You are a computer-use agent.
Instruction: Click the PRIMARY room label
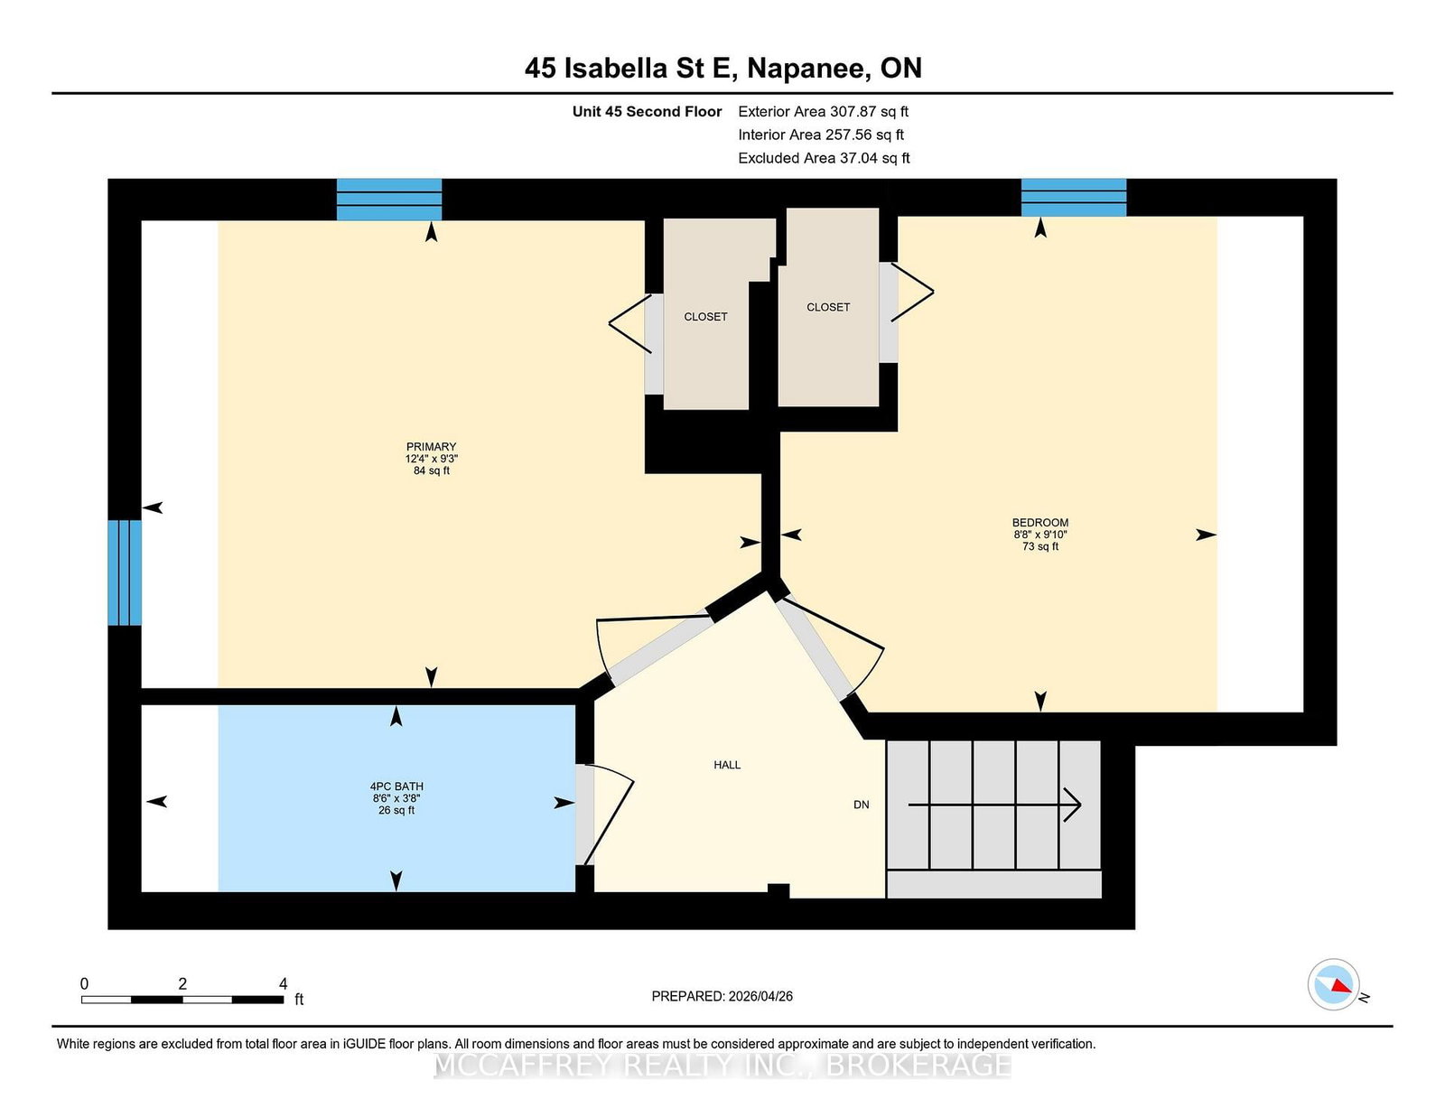431,447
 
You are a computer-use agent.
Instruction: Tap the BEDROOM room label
1040,523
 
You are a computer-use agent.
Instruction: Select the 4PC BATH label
396,787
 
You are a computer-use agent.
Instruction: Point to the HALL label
727,765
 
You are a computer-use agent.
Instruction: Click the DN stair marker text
862,805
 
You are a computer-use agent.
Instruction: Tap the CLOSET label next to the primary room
705,316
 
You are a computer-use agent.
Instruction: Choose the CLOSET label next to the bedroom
828,307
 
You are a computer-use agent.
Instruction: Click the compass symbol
1333,984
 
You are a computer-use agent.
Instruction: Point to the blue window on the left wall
125,572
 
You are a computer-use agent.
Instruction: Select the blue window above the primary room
389,200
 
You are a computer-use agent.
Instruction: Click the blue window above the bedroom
1073,198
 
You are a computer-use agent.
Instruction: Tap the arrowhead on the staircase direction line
1073,805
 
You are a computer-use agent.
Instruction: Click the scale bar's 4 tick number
283,983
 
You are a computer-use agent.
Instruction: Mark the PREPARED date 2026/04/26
760,996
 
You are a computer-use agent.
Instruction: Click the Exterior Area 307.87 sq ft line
823,112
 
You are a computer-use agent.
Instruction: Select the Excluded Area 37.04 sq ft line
824,158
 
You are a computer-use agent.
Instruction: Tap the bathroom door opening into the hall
605,815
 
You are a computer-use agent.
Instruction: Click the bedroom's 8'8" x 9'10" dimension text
1040,535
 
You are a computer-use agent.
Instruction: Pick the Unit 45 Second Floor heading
647,112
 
